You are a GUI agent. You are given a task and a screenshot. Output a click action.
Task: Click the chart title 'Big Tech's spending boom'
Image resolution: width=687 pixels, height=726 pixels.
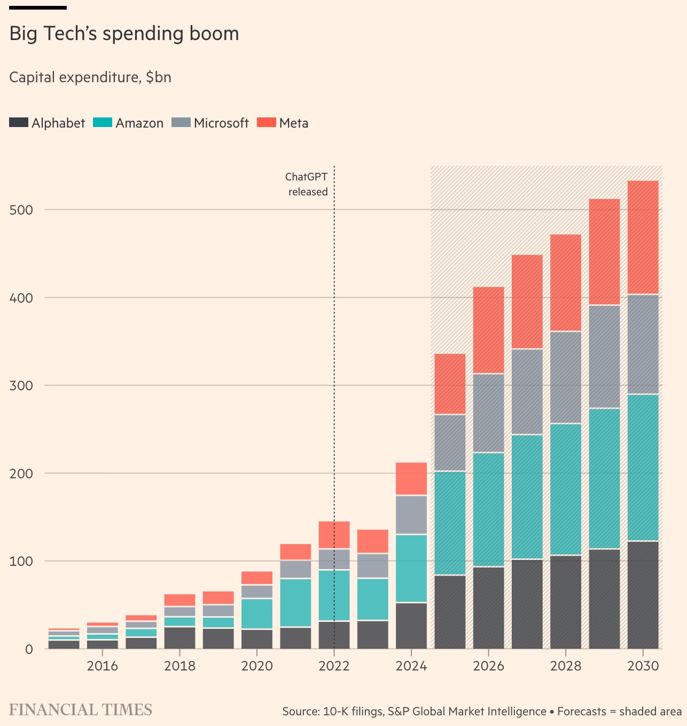pos(124,34)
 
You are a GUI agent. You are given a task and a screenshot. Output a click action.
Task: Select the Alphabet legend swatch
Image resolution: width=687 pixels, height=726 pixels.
pos(19,122)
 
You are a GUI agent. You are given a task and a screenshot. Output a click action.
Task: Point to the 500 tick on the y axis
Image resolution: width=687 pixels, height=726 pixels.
pos(21,210)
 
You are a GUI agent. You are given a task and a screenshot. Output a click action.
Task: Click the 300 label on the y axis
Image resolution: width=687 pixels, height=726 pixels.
pos(21,385)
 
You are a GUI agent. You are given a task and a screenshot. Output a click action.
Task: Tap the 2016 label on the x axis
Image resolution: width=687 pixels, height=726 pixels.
pos(103,666)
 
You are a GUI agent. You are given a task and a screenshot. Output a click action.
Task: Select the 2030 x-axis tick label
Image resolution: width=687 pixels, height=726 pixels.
pos(643,666)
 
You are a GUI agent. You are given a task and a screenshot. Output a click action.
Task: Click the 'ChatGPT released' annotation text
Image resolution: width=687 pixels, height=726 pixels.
pos(307,184)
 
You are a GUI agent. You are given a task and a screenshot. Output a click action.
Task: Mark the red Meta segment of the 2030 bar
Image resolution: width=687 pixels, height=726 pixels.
pos(643,238)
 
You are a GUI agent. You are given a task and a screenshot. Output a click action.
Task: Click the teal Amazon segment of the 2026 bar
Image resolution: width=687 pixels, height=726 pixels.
pos(488,510)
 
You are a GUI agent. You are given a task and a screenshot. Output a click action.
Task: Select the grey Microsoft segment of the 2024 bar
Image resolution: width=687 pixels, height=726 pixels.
pos(411,515)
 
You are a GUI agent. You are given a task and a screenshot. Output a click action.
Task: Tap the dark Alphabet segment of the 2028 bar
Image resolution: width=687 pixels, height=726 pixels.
pos(566,602)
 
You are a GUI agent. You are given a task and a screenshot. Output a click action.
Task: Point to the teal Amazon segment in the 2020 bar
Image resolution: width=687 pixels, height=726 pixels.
pos(257,614)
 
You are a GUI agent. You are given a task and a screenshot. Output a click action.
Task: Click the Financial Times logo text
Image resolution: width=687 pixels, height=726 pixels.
pos(81,710)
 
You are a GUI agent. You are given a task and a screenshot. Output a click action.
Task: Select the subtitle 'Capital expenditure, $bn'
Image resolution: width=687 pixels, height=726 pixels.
pos(90,77)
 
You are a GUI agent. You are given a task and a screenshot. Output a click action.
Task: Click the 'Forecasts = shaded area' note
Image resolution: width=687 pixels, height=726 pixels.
pos(619,712)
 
